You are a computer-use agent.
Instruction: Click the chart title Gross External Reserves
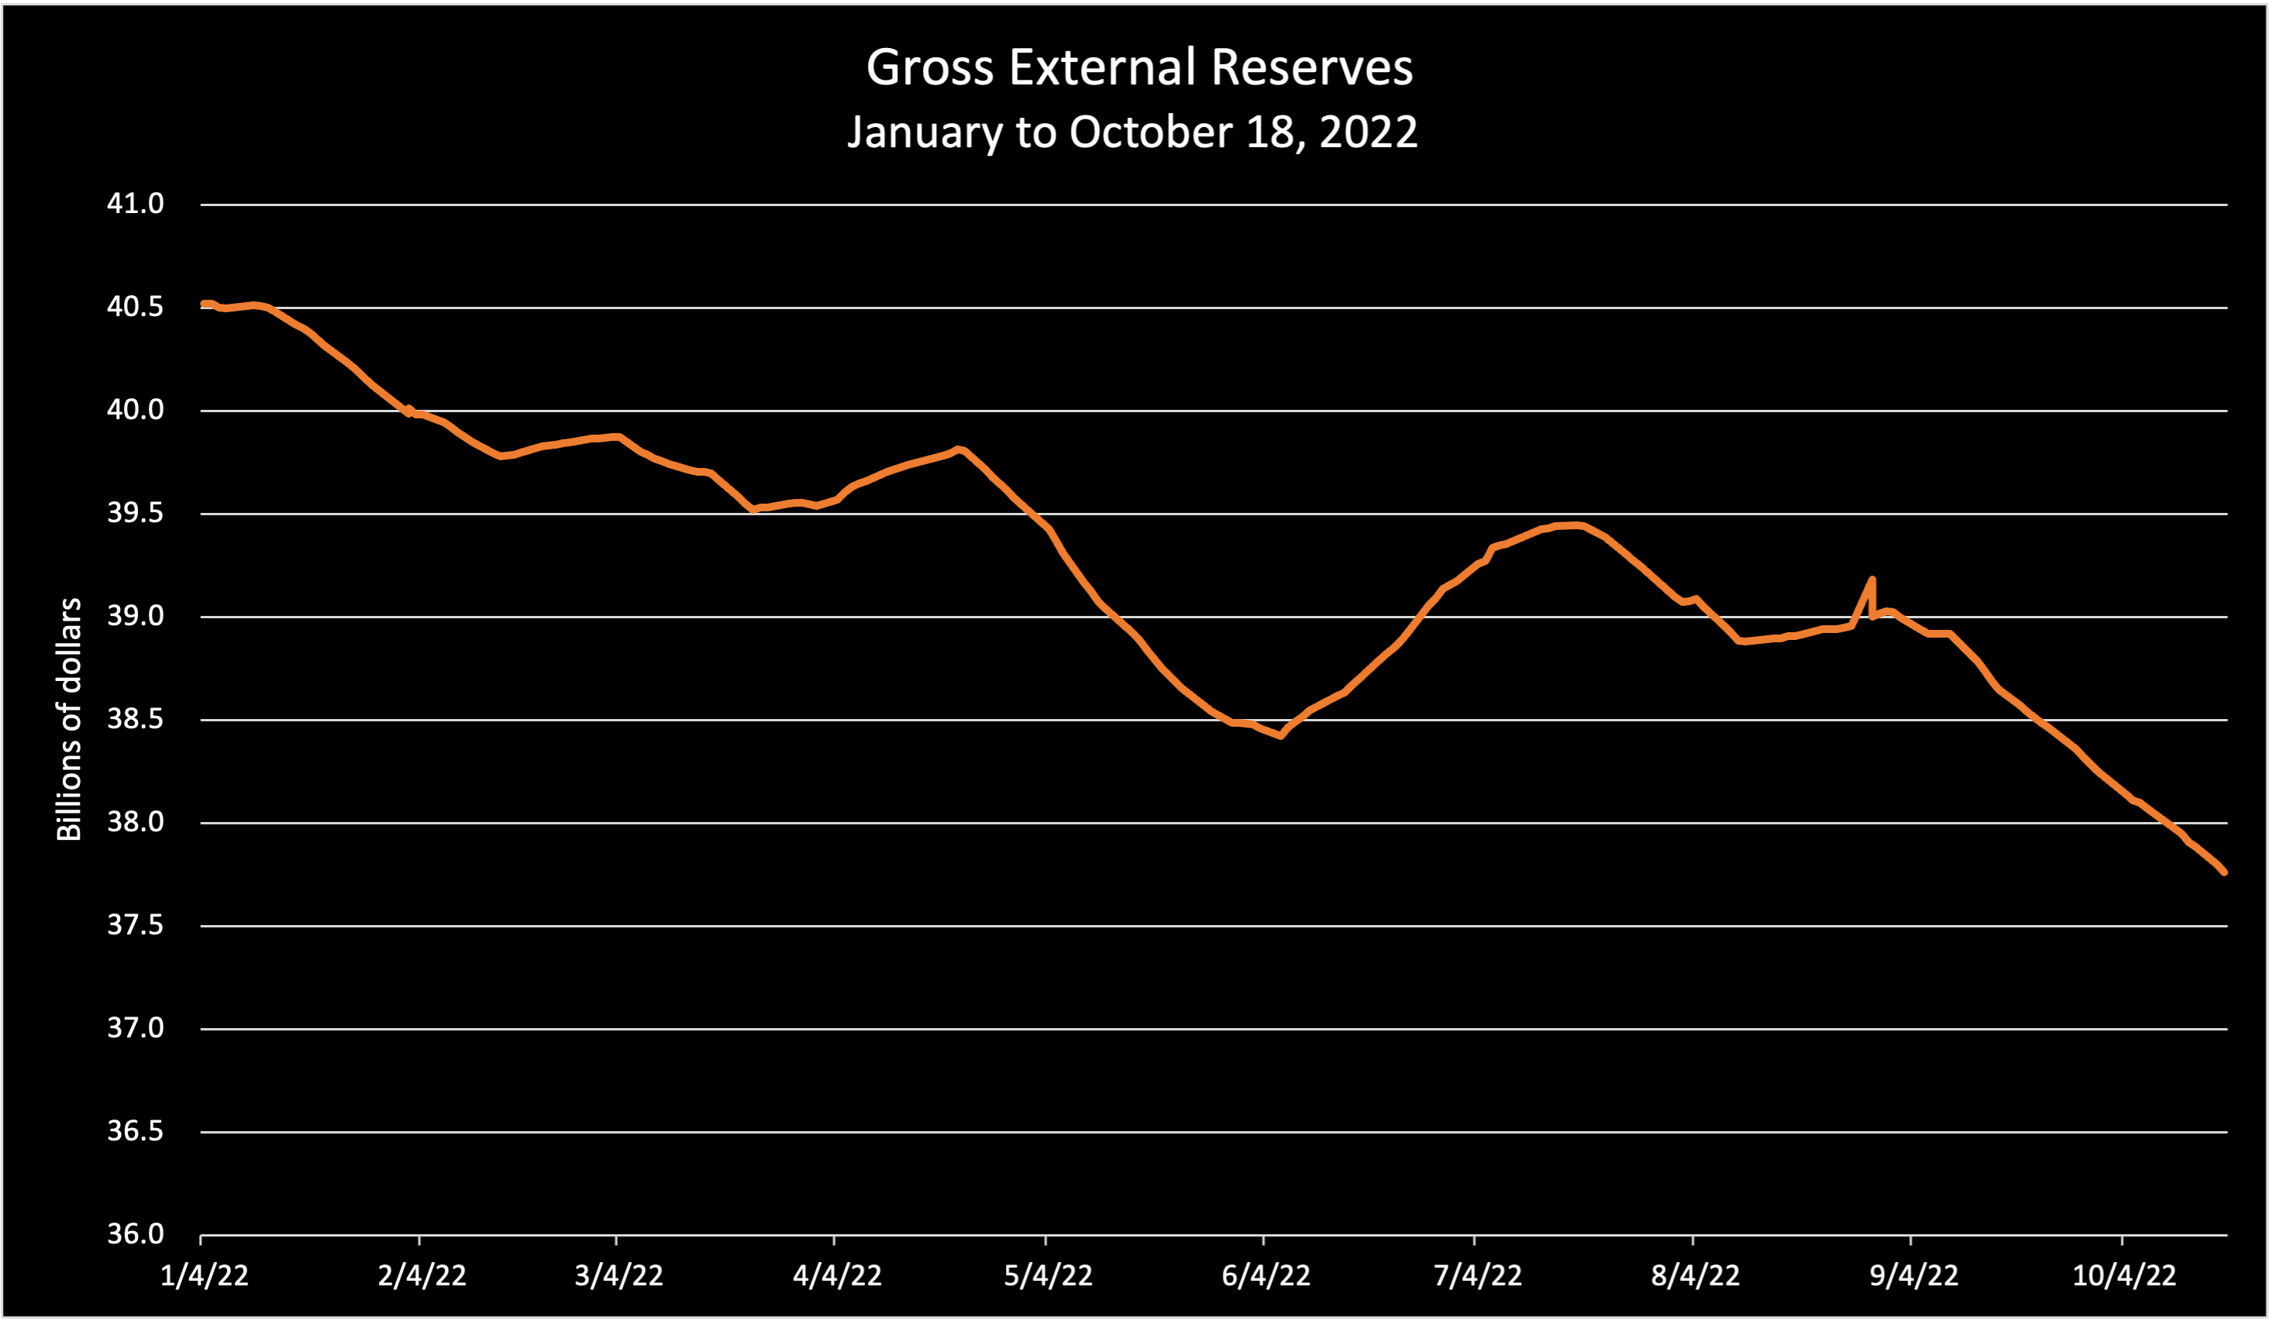click(x=1139, y=67)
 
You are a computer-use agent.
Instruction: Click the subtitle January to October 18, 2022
click(x=1132, y=132)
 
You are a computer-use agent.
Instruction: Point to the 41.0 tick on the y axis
click(x=136, y=204)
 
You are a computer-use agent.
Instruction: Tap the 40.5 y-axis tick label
click(x=136, y=307)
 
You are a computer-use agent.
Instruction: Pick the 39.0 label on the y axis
click(x=136, y=617)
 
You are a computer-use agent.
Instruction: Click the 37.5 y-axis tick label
click(x=136, y=925)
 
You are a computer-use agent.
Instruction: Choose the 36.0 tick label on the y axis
click(x=136, y=1234)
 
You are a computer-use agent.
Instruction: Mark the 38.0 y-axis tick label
click(x=136, y=822)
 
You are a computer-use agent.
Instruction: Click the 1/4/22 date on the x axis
click(x=204, y=1276)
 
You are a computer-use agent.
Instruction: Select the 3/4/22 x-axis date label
click(x=618, y=1276)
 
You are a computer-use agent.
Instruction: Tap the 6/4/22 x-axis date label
click(x=1266, y=1276)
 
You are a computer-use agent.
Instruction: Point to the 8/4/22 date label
click(x=1695, y=1276)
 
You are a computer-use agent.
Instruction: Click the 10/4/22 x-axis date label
click(x=2124, y=1276)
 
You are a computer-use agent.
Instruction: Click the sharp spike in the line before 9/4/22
click(x=1872, y=580)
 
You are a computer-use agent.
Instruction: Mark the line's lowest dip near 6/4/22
click(x=1281, y=736)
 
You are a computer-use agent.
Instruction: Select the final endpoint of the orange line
click(x=2225, y=872)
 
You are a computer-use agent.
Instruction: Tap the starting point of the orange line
click(x=203, y=304)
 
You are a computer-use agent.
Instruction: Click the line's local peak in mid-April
click(x=958, y=448)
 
